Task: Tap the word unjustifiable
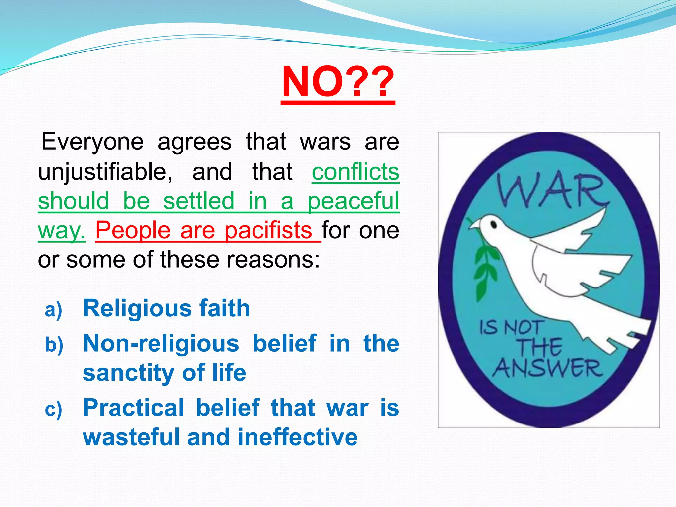tap(105, 172)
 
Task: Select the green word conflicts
tap(355, 172)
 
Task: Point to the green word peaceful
tap(353, 201)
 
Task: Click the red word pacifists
tap(268, 230)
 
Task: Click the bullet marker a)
tap(53, 310)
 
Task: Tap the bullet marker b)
tap(54, 345)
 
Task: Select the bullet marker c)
tap(53, 409)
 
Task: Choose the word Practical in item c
tap(133, 408)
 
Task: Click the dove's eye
tap(494, 225)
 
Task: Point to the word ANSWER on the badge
tap(548, 368)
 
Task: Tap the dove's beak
tap(473, 226)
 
